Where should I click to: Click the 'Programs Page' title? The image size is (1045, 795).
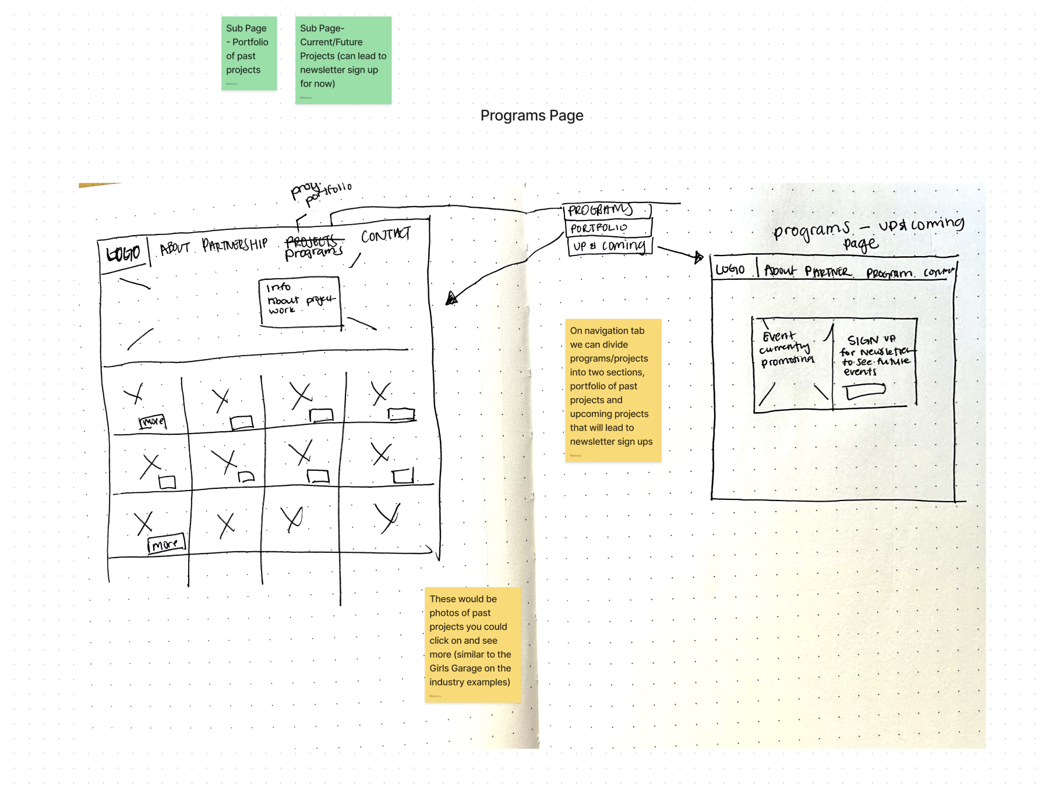pos(531,116)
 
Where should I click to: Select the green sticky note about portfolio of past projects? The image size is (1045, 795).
pos(249,53)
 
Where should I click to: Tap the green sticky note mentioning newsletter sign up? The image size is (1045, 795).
pos(343,60)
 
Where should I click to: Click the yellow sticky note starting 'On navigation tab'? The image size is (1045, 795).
pos(613,390)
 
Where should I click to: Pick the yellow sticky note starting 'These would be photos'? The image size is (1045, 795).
pos(472,644)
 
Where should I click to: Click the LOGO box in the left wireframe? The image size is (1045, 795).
pos(123,254)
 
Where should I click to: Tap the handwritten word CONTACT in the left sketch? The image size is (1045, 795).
pos(385,235)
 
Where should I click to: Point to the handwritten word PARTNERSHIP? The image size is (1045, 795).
pos(235,244)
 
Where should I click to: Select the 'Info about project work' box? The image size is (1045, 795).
pos(299,301)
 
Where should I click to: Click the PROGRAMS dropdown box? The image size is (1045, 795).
pos(606,210)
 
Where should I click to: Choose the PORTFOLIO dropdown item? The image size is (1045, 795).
pos(608,228)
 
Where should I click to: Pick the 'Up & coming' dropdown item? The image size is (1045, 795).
pos(609,246)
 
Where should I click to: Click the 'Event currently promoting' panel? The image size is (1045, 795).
pos(792,364)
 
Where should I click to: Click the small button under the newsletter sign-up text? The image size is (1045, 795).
pos(866,392)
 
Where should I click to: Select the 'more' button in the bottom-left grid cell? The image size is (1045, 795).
pos(166,544)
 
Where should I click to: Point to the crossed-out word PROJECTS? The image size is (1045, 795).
pos(312,240)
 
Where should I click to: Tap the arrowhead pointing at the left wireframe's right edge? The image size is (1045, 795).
pos(451,299)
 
